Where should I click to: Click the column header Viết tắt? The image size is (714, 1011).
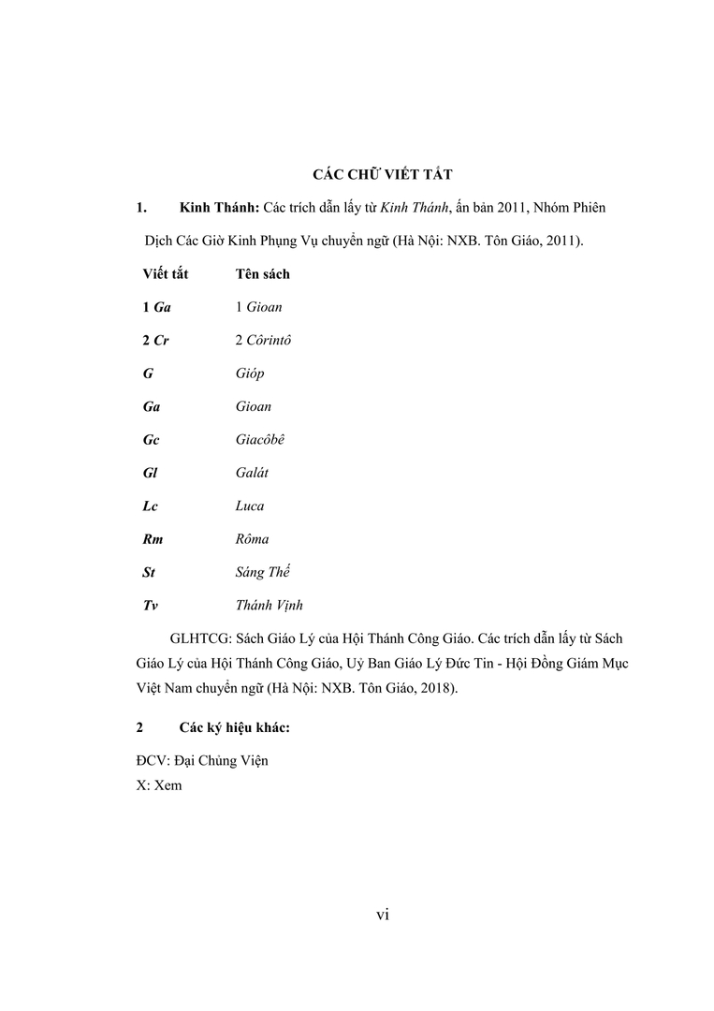point(166,274)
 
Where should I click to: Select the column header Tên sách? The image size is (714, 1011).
point(262,274)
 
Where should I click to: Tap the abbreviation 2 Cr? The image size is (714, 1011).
point(155,340)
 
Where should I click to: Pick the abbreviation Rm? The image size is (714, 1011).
point(153,539)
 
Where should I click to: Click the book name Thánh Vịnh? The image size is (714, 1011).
point(269,605)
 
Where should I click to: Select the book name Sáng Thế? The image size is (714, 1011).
point(264,571)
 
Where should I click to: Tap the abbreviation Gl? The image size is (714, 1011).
point(150,473)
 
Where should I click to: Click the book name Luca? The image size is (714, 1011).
point(250,505)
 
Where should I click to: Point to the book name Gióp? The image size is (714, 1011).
point(250,374)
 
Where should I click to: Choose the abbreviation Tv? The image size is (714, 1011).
point(150,605)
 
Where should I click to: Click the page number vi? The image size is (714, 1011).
point(382,915)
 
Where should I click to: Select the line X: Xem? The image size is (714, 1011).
point(159,786)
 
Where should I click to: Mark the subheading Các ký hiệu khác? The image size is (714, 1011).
point(235,727)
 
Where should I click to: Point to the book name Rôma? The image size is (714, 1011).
point(253,539)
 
